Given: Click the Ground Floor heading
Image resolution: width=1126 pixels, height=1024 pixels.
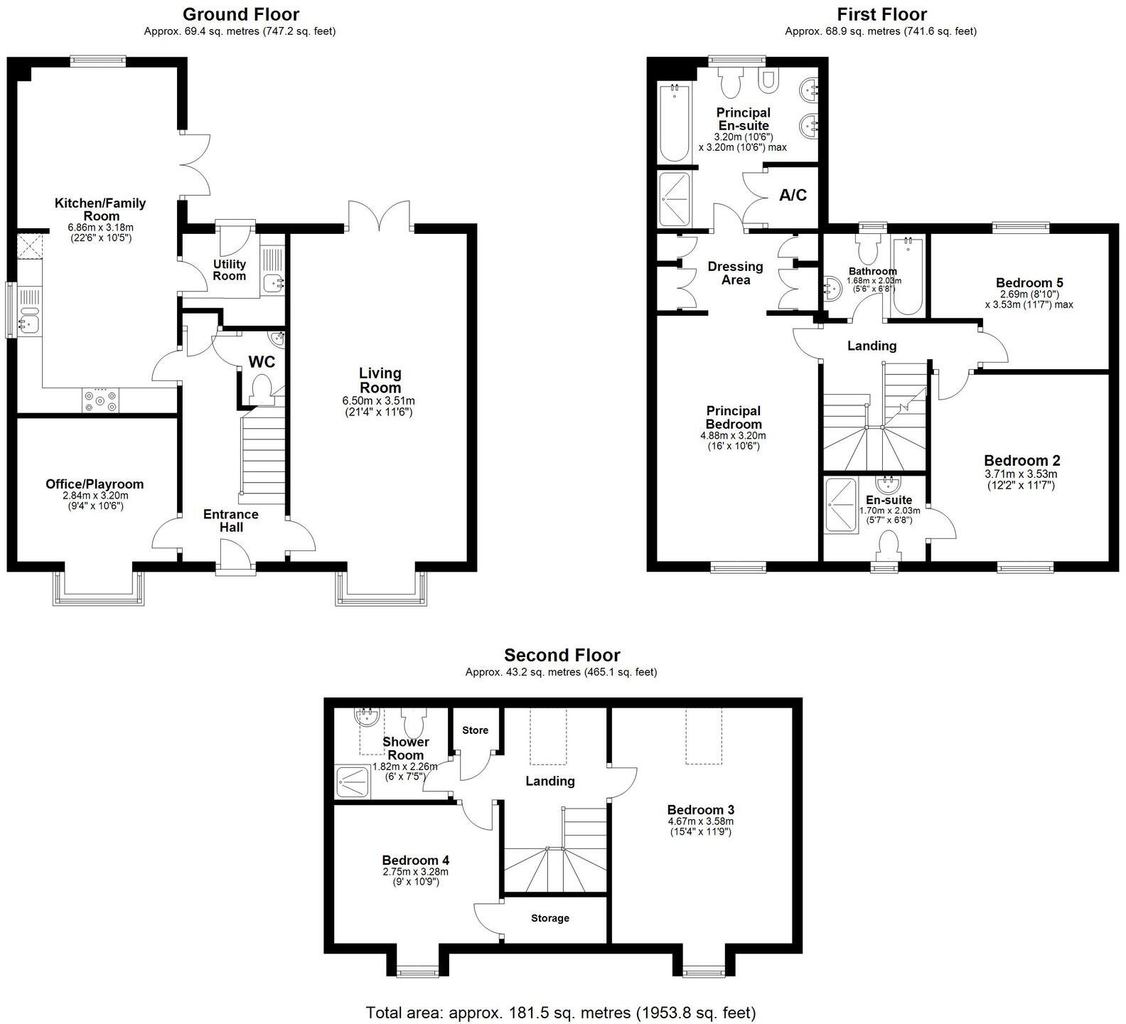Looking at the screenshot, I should coord(240,14).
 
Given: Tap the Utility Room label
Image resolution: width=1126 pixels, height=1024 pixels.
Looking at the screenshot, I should coord(229,270).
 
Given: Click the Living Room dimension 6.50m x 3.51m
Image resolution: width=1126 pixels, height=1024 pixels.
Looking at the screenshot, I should coord(379,401).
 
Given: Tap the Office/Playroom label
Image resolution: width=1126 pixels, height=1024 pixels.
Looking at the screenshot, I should coord(95,484).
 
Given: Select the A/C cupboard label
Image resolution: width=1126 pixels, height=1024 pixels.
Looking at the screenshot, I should coord(793,195).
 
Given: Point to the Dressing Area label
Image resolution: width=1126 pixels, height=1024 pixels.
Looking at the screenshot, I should coord(735,273).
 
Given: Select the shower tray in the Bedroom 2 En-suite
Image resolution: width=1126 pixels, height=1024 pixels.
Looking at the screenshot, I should coord(840,506).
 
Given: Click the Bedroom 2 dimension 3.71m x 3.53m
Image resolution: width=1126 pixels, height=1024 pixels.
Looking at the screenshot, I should coord(1021,474).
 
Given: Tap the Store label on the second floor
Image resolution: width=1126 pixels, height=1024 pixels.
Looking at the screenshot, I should coord(475,730).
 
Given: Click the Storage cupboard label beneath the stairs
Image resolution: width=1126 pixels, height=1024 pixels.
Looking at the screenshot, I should coord(549,918).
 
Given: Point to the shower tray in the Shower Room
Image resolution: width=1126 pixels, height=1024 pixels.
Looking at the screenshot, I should coord(353,782).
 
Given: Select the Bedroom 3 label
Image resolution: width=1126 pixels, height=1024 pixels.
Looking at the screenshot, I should coord(700,809).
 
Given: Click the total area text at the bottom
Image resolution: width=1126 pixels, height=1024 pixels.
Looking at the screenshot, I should coord(560,1012).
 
